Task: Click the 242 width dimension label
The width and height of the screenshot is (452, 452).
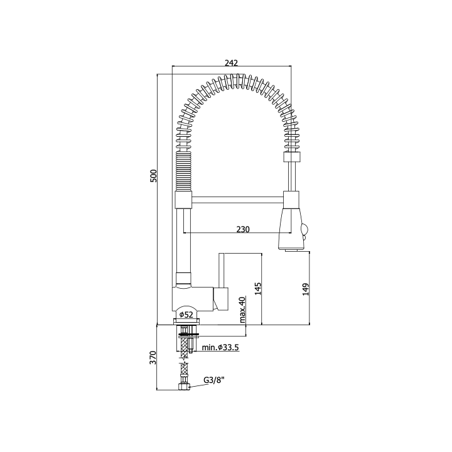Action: point(232,63)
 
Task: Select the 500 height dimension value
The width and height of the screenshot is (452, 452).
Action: point(154,176)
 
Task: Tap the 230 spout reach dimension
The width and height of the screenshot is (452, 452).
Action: point(243,229)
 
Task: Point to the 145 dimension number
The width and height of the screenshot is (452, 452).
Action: point(258,289)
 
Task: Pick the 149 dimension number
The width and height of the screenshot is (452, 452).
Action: point(306,289)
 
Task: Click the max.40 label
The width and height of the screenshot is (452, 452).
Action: point(242,310)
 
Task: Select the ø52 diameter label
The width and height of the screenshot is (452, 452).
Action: point(186,315)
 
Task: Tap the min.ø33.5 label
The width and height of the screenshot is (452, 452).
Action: point(220,348)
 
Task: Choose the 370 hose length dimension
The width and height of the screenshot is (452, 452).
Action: point(153,357)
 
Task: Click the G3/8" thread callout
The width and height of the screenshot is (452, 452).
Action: point(214,380)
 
